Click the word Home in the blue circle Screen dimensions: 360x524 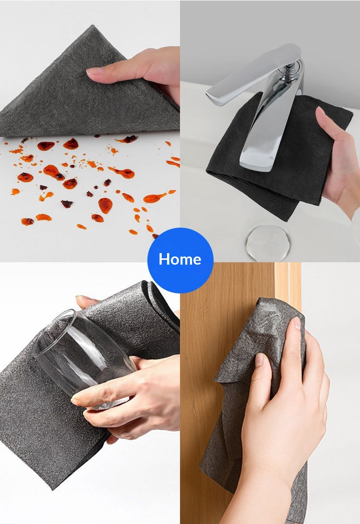click(x=180, y=259)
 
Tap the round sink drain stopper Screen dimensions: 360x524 click(x=268, y=243)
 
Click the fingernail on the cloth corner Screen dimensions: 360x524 click(x=95, y=71)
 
